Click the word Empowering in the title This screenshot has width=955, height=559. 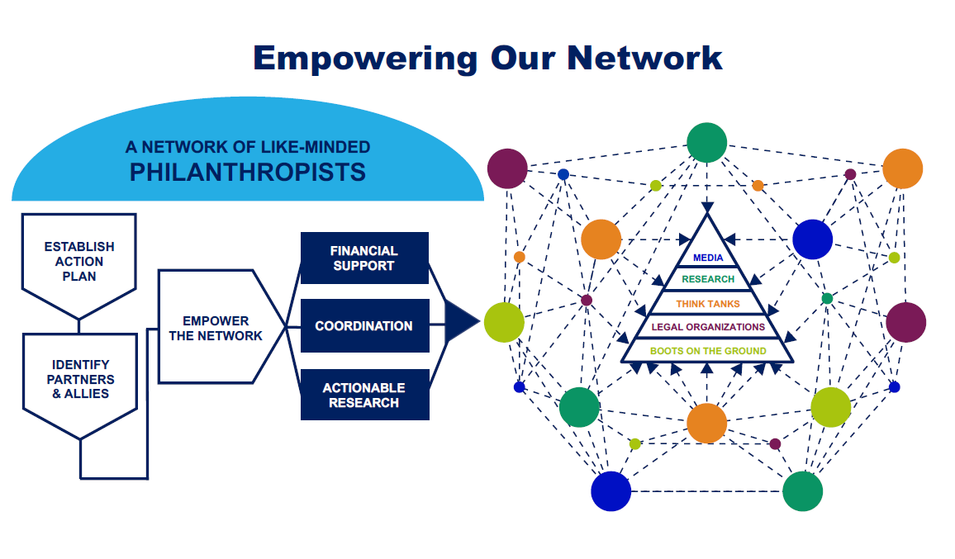click(x=365, y=59)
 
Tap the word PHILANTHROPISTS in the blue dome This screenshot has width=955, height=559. click(x=247, y=173)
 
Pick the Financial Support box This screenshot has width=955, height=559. click(x=364, y=258)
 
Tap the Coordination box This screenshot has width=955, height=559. click(x=364, y=326)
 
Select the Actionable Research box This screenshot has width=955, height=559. click(x=364, y=395)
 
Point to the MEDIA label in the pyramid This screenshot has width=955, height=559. click(x=708, y=258)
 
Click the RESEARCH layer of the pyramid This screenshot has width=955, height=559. click(x=708, y=279)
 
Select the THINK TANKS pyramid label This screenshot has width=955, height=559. click(x=708, y=303)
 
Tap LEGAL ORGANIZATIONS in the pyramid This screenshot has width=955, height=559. click(x=708, y=327)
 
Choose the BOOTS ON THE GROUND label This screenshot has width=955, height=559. click(x=708, y=351)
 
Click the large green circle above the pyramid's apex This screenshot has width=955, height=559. click(x=706, y=143)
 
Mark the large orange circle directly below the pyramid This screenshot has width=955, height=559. click(x=706, y=424)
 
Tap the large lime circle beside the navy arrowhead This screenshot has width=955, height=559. click(x=504, y=322)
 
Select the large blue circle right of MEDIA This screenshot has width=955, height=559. click(x=812, y=239)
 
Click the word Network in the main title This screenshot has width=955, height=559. click(x=644, y=58)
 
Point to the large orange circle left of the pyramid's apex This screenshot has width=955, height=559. click(x=601, y=239)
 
